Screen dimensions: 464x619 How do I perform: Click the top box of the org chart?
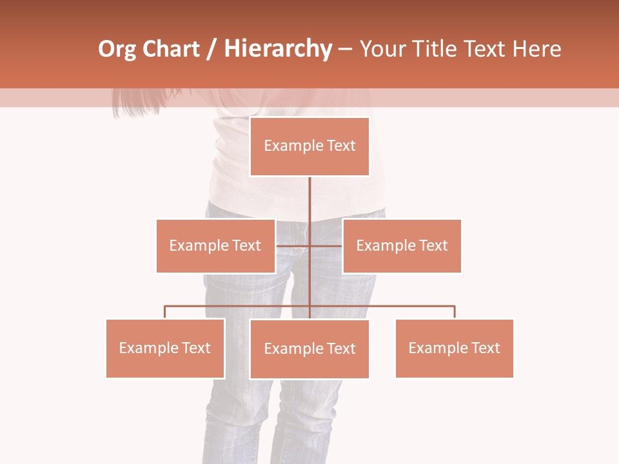tap(309, 146)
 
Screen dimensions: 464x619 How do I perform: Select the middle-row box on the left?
tap(215, 246)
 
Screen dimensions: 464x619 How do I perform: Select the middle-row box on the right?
tap(402, 246)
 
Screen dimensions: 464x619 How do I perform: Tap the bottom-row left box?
tap(165, 348)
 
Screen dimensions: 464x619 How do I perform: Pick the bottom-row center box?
tap(309, 349)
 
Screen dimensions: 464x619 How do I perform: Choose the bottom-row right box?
tap(454, 348)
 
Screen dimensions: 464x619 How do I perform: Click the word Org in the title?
tap(117, 49)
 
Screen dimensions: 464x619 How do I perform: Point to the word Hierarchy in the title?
tap(278, 49)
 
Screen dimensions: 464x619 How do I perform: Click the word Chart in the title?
tap(170, 49)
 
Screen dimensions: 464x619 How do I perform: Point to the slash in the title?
tap(211, 49)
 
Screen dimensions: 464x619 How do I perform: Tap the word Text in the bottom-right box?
tap(486, 348)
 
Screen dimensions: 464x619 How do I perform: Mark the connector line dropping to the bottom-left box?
tap(165, 312)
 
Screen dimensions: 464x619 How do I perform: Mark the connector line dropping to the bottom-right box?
tap(455, 312)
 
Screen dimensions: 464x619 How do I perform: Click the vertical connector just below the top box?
tap(309, 193)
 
